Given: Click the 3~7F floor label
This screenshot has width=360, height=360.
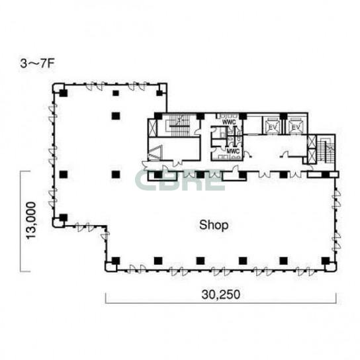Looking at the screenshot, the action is (x=37, y=64).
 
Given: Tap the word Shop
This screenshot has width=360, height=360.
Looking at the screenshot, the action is (x=214, y=225).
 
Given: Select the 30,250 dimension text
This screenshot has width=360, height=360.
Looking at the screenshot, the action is (x=221, y=294).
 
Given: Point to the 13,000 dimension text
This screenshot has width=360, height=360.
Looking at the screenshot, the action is (x=31, y=220).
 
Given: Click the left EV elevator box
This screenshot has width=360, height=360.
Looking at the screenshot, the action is (x=272, y=126).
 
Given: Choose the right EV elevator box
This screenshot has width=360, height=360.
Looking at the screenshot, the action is (x=296, y=126).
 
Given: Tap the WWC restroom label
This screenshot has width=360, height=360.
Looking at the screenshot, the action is (x=229, y=122).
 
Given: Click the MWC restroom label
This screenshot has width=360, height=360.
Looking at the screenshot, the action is (x=233, y=152).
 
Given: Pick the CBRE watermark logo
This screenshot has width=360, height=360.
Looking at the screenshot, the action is (x=180, y=180).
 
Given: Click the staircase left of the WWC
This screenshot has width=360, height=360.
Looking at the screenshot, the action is (x=179, y=126).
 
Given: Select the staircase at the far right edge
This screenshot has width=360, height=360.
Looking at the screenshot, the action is (x=326, y=150).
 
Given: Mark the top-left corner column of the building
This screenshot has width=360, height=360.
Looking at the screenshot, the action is (x=63, y=93).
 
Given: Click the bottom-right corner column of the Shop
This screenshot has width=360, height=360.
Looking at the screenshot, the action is (x=326, y=261).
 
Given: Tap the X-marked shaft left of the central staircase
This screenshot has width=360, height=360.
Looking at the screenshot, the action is (x=152, y=127).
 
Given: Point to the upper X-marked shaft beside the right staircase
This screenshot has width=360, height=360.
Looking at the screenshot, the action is (x=312, y=142).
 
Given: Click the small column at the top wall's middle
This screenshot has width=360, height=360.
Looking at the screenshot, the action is (x=116, y=93).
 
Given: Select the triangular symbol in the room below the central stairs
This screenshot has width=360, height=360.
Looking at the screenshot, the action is (x=156, y=152).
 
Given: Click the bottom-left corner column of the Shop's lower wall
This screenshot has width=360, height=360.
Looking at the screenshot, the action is (x=116, y=261).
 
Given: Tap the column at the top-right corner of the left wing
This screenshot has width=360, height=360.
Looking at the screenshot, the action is (x=159, y=93).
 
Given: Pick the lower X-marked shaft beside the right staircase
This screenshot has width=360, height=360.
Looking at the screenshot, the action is (x=312, y=156).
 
